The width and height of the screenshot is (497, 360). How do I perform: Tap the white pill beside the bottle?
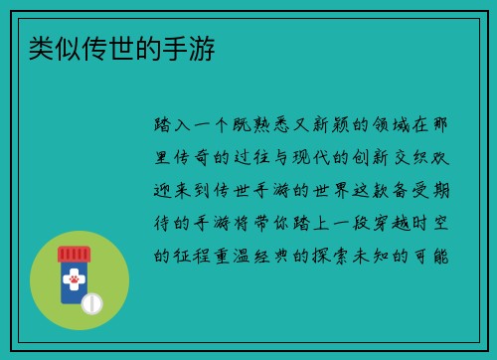pyautogui.click(x=92, y=301)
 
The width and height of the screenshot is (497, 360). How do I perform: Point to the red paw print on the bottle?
pyautogui.click(x=74, y=280)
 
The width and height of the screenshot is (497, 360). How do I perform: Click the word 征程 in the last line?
pyautogui.click(x=195, y=256)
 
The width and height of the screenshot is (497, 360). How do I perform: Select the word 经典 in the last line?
pyautogui.click(x=282, y=256)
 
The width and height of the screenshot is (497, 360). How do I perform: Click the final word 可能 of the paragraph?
pyautogui.click(x=434, y=256)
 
